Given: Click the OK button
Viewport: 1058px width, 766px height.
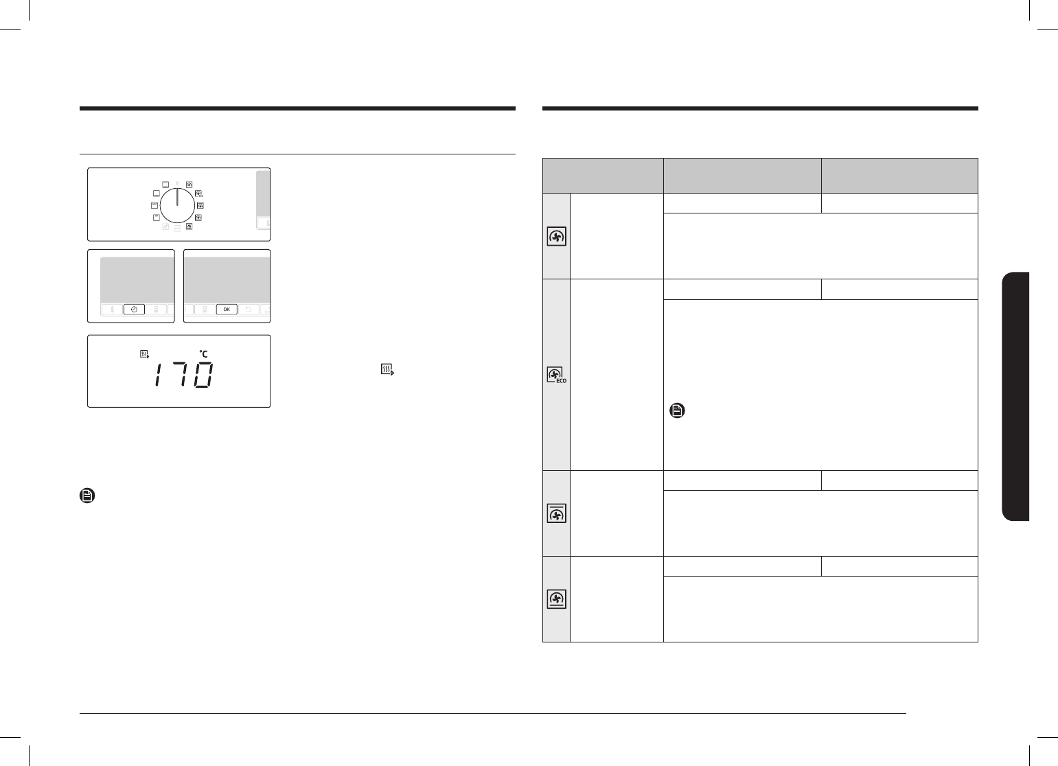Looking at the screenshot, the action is point(227,310).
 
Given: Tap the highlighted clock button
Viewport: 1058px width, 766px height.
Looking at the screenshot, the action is point(134,310).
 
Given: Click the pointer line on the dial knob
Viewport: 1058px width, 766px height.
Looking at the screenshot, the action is point(177,198).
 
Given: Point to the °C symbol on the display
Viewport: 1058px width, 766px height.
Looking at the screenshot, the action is point(204,353).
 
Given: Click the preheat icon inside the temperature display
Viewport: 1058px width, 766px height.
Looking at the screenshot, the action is point(145,354).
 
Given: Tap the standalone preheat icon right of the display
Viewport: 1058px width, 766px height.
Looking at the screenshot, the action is point(387,369).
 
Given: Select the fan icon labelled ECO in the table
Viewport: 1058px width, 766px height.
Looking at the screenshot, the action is point(556,375).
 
